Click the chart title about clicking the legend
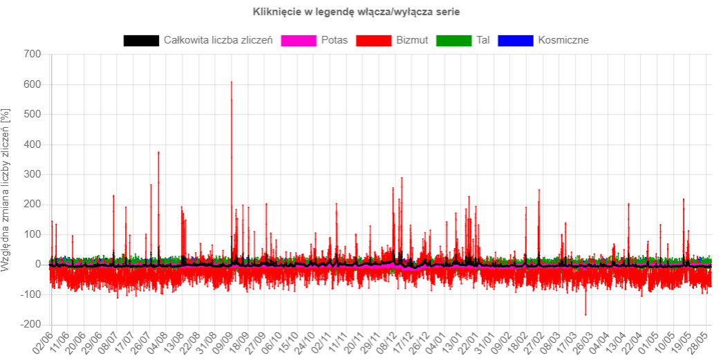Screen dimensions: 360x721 tap(356, 12)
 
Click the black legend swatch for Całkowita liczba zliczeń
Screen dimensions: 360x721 tap(141, 40)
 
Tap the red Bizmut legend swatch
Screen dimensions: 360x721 tap(373, 40)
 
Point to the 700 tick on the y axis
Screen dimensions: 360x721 tap(33, 55)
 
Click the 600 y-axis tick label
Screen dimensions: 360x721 tap(33, 84)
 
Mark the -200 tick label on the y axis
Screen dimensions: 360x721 tap(30, 325)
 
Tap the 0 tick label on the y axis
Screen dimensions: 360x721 tap(39, 265)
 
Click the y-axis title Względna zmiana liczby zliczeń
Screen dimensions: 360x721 tap(6, 189)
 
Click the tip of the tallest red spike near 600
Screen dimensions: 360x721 tap(232, 82)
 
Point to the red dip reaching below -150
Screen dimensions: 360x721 tap(586, 314)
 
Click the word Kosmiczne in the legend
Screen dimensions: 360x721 tap(563, 40)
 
